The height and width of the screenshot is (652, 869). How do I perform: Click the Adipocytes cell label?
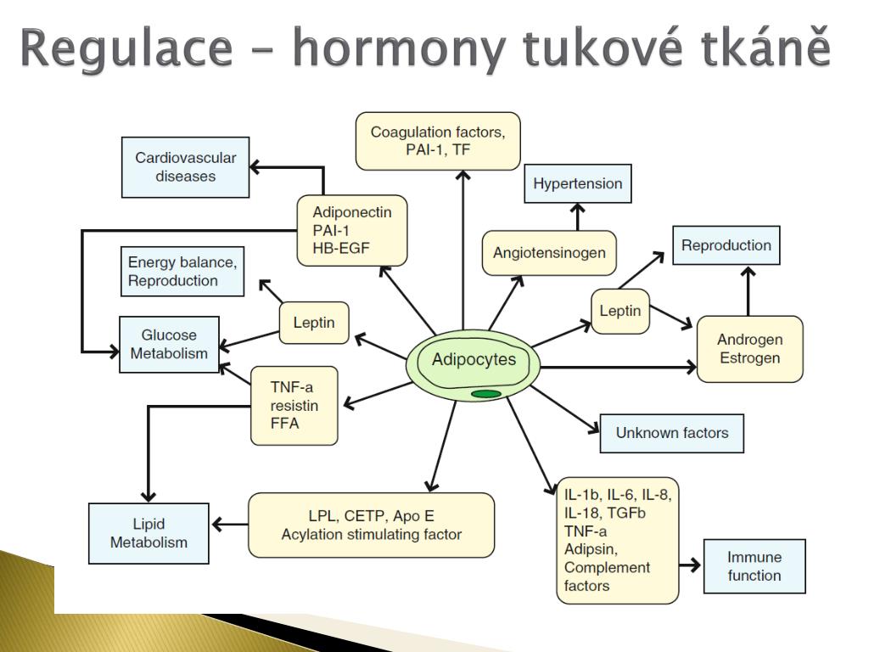pyautogui.click(x=474, y=359)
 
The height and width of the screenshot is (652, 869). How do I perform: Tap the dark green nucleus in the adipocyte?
pyautogui.click(x=486, y=394)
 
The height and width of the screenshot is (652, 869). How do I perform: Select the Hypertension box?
pyautogui.click(x=577, y=183)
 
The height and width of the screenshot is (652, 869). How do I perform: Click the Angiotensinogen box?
pyautogui.click(x=549, y=253)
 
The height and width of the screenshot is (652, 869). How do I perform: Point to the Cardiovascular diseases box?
pyautogui.click(x=186, y=167)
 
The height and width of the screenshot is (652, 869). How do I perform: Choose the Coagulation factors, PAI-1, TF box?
pyautogui.click(x=438, y=141)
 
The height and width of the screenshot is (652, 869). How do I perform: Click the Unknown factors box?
pyautogui.click(x=672, y=433)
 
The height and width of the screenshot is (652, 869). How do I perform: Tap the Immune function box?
pyautogui.click(x=754, y=566)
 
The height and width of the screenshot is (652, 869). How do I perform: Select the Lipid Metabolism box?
pyautogui.click(x=149, y=533)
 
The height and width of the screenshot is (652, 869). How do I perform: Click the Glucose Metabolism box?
pyautogui.click(x=169, y=345)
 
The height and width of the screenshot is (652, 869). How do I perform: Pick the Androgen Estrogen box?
pyautogui.click(x=750, y=349)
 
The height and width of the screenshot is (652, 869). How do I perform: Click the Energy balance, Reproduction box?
pyautogui.click(x=182, y=271)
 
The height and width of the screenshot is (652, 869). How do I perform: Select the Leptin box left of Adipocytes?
pyautogui.click(x=314, y=323)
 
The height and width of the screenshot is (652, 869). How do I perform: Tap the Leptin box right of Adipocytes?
pyautogui.click(x=620, y=311)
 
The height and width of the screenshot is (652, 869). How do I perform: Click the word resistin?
pyautogui.click(x=294, y=406)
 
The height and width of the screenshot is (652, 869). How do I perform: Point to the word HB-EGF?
pyautogui.click(x=341, y=249)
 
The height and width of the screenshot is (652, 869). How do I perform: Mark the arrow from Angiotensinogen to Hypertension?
pyautogui.click(x=577, y=216)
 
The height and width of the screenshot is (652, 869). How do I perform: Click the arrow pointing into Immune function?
pyautogui.click(x=690, y=565)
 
